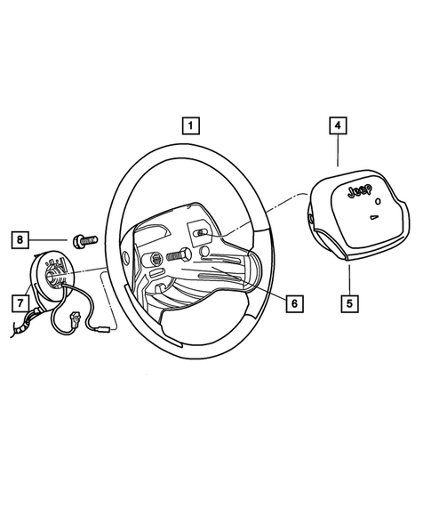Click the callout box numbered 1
point(193,125)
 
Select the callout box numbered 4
point(339,126)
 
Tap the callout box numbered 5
point(349,302)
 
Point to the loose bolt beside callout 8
point(84,238)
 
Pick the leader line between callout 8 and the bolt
point(52,238)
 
